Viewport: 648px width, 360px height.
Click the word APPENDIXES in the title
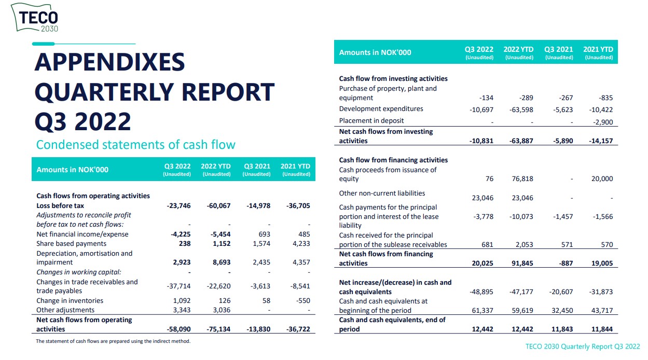[109, 62]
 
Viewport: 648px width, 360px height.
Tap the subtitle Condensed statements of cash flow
[135, 144]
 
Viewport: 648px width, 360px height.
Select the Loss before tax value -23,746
[178, 206]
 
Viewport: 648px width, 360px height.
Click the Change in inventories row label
[70, 301]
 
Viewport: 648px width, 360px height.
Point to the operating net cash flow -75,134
[218, 329]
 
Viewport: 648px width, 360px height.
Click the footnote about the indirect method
[113, 341]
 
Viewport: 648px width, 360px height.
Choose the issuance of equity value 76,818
[520, 179]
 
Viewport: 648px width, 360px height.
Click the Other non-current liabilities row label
[382, 193]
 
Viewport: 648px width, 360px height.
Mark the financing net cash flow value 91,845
[520, 264]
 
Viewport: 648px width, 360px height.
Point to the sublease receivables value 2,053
[522, 245]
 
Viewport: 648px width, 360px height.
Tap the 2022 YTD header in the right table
[518, 50]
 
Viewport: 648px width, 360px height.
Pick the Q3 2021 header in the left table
[257, 167]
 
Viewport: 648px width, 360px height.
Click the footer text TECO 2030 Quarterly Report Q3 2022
[583, 347]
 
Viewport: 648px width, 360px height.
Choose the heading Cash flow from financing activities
[393, 160]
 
